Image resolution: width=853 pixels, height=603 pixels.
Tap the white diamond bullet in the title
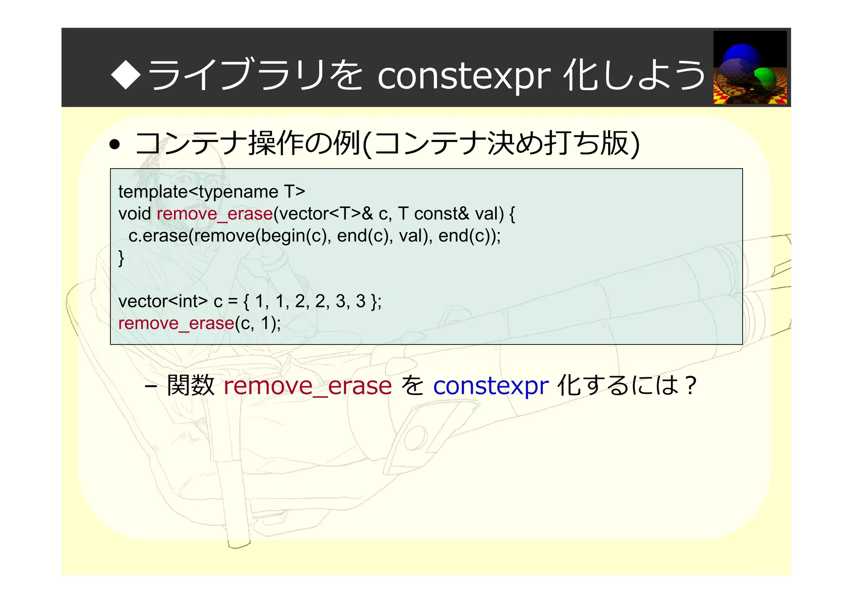(126, 74)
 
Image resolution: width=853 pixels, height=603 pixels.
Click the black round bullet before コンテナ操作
(115, 145)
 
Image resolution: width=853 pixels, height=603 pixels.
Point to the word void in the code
(135, 214)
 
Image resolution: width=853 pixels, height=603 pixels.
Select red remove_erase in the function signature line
(215, 214)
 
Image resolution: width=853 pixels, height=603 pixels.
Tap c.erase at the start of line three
(158, 236)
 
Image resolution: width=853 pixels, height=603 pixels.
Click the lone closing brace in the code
(121, 258)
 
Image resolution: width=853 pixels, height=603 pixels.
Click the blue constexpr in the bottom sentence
(491, 386)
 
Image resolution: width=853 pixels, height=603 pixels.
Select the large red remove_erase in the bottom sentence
(308, 386)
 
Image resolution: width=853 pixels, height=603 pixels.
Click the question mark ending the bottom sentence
(690, 386)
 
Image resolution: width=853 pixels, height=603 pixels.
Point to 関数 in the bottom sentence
(190, 386)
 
